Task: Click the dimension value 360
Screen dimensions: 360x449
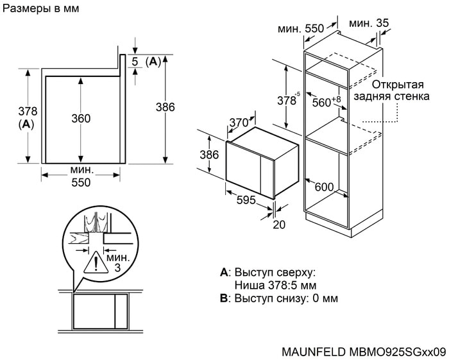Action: (x=81, y=119)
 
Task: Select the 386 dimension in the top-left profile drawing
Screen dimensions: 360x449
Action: (x=165, y=108)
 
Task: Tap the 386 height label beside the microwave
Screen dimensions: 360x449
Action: (x=206, y=155)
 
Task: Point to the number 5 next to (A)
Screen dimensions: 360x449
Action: (x=135, y=62)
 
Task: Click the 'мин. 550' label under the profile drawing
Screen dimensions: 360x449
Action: (x=81, y=176)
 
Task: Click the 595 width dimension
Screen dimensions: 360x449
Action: (x=246, y=200)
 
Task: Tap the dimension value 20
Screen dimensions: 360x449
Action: (x=278, y=225)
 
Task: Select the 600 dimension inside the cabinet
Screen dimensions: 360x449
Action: (x=325, y=187)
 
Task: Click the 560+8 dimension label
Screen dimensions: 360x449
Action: (x=326, y=101)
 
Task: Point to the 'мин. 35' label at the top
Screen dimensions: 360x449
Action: (x=369, y=23)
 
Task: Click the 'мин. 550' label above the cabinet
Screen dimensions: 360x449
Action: (x=300, y=29)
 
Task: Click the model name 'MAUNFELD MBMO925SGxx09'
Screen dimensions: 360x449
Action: (x=363, y=352)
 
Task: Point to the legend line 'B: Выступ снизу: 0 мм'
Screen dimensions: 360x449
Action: (x=278, y=298)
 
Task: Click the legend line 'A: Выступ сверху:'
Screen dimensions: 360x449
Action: (x=267, y=272)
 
